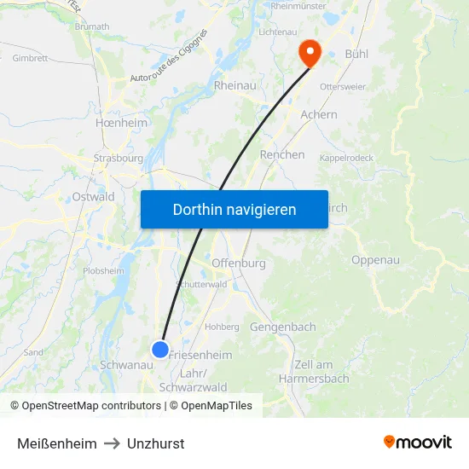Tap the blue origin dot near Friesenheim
tap(160, 349)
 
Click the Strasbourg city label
tap(119, 158)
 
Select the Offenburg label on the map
tap(238, 263)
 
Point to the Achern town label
tap(319, 114)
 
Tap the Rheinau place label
tap(235, 85)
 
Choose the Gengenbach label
tap(283, 327)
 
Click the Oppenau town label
tap(375, 260)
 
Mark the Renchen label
tap(282, 154)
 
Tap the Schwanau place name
tap(126, 364)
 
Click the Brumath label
tap(93, 26)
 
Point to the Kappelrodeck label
tap(347, 158)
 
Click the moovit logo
tap(417, 442)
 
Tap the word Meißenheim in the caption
tap(56, 443)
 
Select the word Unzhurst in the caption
tap(155, 443)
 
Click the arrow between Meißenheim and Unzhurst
tap(112, 443)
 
